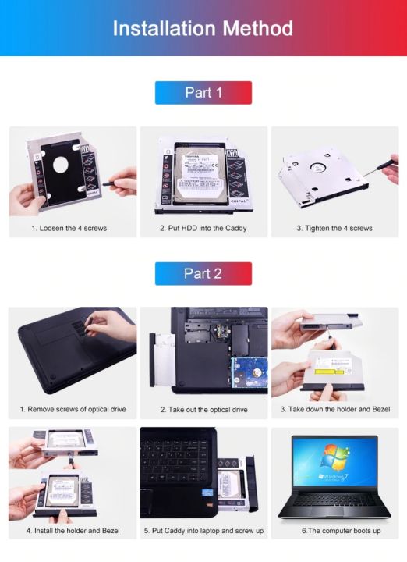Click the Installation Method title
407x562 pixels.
[x=203, y=29]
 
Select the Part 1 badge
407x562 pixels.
[x=203, y=93]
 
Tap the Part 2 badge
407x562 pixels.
[x=203, y=273]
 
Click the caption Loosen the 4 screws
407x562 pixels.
[x=69, y=229]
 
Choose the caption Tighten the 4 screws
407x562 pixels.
[x=334, y=229]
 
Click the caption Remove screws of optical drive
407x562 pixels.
[x=73, y=409]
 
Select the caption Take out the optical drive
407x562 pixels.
[x=203, y=409]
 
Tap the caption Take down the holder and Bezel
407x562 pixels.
[x=335, y=409]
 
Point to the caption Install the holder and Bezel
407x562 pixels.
[x=72, y=531]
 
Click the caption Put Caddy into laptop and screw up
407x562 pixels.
[x=203, y=531]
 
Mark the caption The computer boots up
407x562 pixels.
[x=341, y=531]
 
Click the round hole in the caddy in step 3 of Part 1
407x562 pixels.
[x=317, y=166]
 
